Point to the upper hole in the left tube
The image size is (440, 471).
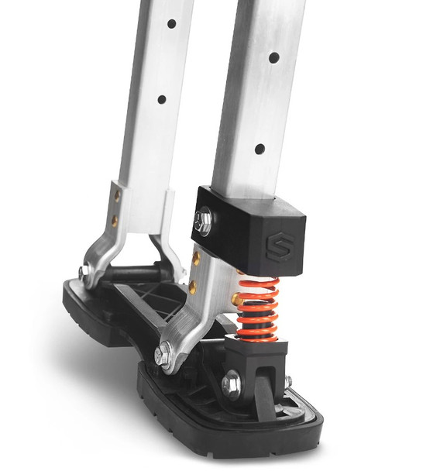coord(171,23)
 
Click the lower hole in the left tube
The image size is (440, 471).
coord(161,99)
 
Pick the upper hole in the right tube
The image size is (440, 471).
coord(273,57)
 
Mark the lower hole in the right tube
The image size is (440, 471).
coord(260,149)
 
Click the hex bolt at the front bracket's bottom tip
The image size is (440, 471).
coord(163,356)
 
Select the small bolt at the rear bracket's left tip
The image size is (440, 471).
coord(82,272)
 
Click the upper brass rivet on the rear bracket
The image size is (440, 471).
coord(117,195)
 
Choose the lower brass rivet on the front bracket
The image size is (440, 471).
coord(191,287)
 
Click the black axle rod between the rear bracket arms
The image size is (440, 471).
coord(132,272)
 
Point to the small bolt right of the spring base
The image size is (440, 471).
coord(287,383)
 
